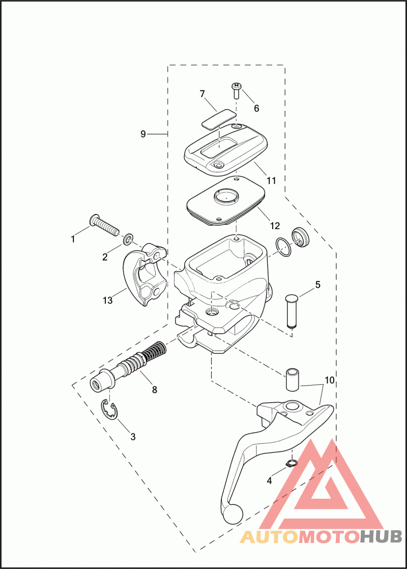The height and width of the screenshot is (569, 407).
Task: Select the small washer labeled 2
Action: point(129,237)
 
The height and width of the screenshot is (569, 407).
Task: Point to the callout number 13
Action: point(107,301)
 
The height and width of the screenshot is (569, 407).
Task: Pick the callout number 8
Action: point(155,390)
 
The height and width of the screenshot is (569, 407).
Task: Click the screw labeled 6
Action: point(237,91)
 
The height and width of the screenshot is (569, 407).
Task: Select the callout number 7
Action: point(202,94)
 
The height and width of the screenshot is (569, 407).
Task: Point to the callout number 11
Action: point(271,180)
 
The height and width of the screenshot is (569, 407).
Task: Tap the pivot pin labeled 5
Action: point(292,310)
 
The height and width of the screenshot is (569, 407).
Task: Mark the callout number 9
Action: point(143,134)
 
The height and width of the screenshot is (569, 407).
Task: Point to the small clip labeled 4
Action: point(292,463)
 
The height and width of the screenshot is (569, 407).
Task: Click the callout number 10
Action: point(329,380)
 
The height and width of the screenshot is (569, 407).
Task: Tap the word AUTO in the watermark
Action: point(268,537)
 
